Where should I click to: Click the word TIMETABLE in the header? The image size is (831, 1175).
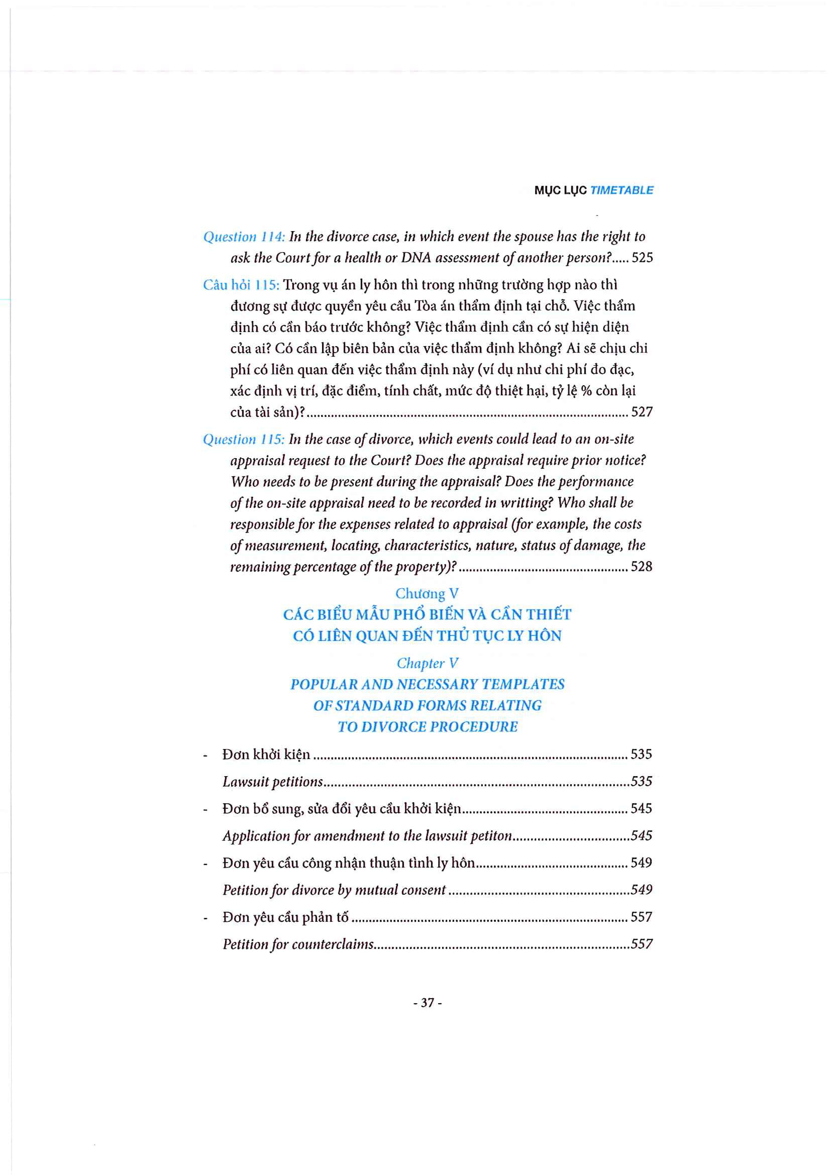621,190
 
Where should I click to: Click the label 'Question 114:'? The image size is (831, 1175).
244,237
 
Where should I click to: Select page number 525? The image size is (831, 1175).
642,258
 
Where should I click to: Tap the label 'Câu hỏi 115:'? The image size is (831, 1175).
241,285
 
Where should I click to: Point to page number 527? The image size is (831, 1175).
642,412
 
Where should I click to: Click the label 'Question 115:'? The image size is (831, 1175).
244,440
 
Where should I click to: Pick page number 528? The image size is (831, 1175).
642,567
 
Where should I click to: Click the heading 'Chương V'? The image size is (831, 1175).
427,594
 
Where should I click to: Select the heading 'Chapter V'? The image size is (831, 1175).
427,663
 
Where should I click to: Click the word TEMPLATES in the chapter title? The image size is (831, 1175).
523,685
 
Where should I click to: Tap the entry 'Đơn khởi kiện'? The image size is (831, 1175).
266,755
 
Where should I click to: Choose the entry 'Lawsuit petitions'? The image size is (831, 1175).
273,782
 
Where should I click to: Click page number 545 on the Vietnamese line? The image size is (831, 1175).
641,809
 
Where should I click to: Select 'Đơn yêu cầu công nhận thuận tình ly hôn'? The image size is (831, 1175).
349,864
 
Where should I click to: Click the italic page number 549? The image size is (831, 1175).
642,890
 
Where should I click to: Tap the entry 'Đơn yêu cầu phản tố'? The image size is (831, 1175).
285,917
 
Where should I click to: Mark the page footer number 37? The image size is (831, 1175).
427,1003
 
